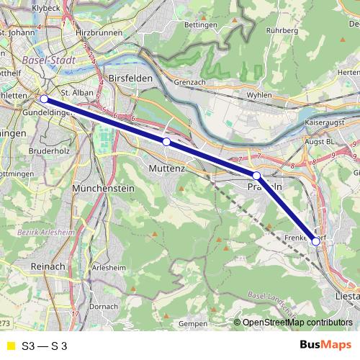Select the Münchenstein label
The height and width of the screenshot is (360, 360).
click(x=104, y=188)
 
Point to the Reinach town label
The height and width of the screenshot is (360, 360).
click(x=49, y=266)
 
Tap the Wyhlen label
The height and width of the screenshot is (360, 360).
click(x=258, y=94)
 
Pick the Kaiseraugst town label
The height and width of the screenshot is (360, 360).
click(x=326, y=123)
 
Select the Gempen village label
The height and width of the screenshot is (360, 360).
click(x=192, y=324)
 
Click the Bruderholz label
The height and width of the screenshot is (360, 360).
click(x=50, y=152)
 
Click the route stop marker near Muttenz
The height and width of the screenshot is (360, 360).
click(x=166, y=142)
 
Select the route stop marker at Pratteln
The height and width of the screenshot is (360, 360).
click(x=256, y=176)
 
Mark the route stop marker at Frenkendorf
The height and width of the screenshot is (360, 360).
click(x=315, y=242)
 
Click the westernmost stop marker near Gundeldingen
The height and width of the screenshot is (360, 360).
click(x=44, y=99)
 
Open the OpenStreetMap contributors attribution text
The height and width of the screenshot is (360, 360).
click(x=297, y=323)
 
